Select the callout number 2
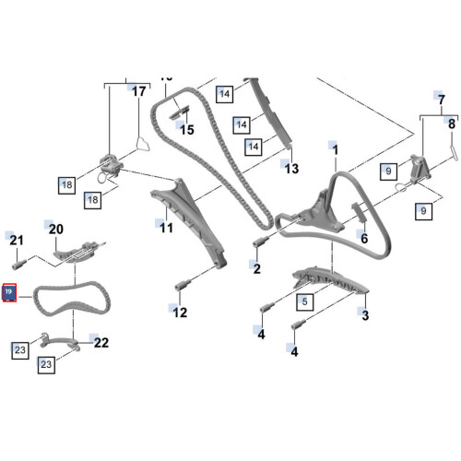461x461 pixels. tap(256, 268)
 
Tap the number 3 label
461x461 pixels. tap(365, 316)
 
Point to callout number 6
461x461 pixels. tap(363, 238)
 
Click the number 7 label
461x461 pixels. tap(440, 99)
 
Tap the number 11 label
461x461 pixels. tap(166, 227)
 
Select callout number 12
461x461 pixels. tap(180, 313)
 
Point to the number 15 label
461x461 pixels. tap(187, 130)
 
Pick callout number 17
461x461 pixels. tap(138, 91)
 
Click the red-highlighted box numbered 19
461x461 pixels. tap(10, 292)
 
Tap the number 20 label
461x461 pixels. tap(54, 229)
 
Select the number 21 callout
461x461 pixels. tap(16, 241)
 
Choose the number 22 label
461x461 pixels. tap(101, 342)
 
